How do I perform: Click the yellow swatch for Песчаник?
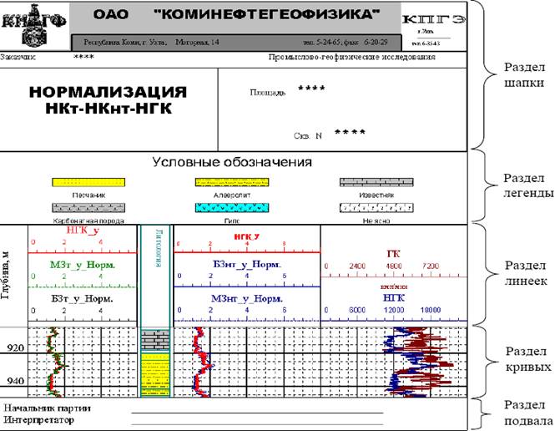point(89,182)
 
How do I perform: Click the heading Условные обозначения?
point(230,162)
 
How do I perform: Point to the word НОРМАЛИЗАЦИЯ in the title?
point(108,93)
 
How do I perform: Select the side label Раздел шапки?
point(525,75)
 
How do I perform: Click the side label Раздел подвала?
point(525,413)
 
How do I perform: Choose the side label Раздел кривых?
point(525,358)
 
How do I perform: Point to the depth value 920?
point(14,347)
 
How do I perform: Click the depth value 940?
point(14,381)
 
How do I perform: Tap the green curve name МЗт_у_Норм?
point(82,265)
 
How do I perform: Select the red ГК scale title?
point(394,253)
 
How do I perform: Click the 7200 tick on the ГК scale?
point(430,266)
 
